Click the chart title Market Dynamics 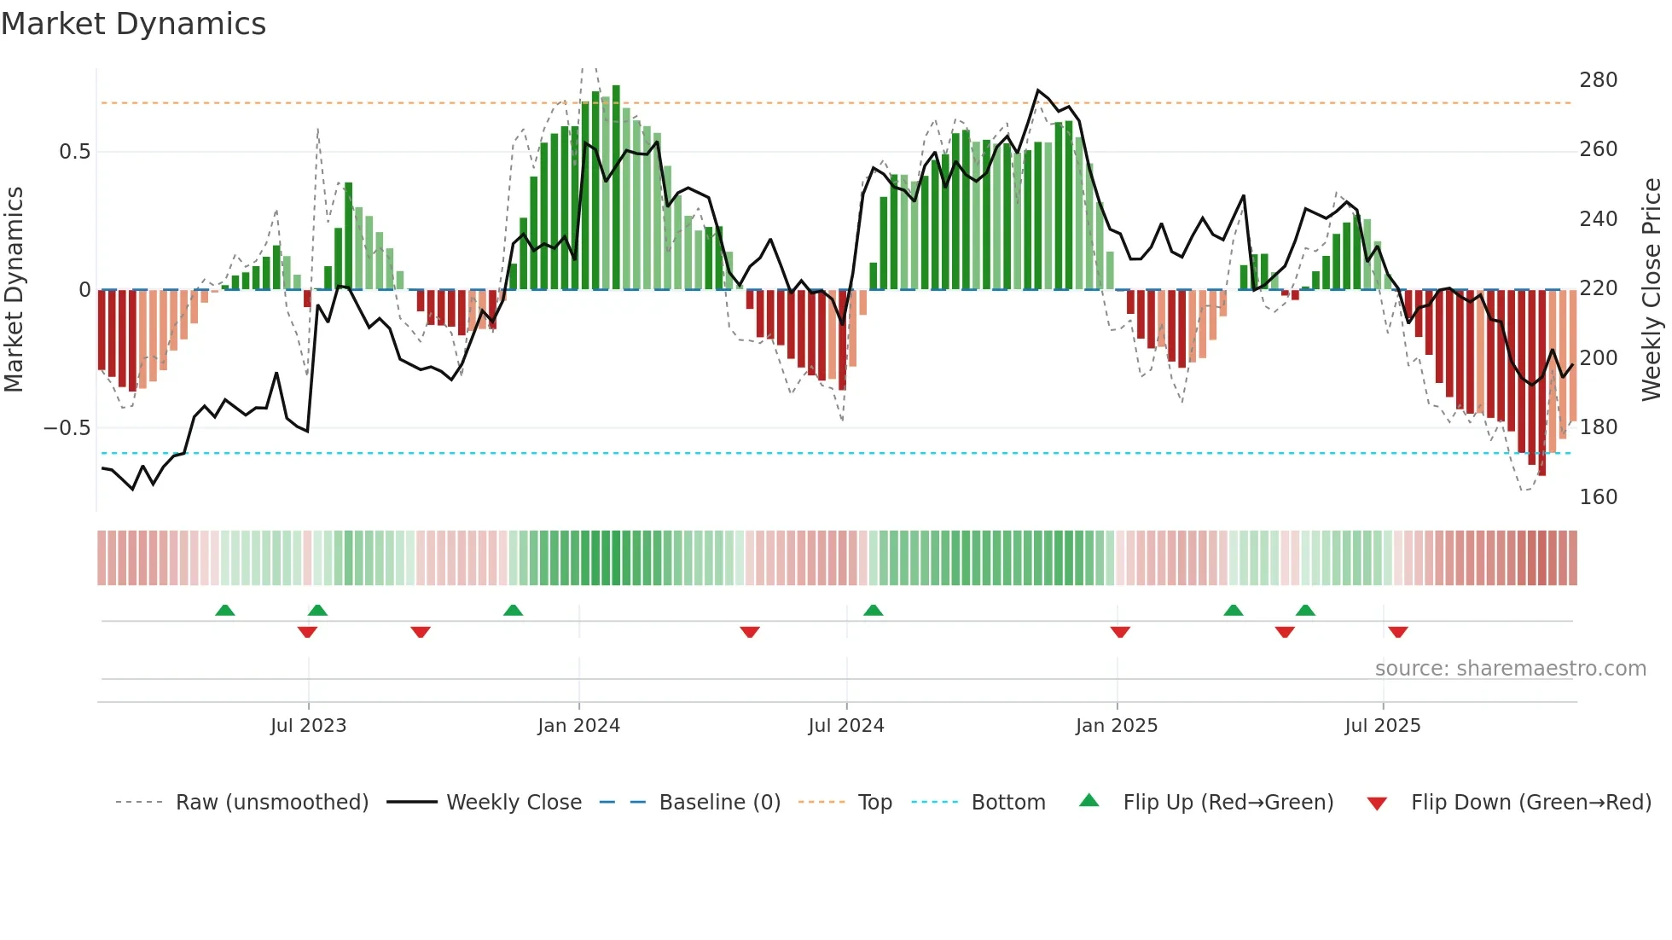tap(133, 24)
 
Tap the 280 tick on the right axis tap(1598, 80)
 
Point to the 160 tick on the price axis tap(1598, 497)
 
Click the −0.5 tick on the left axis tap(67, 428)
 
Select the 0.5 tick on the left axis tap(74, 152)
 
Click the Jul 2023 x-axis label tap(308, 726)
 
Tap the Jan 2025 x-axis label tap(1116, 726)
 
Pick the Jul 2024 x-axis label tap(845, 726)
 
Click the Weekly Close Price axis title tap(1652, 290)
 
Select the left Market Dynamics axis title tap(14, 290)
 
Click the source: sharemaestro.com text tap(1510, 669)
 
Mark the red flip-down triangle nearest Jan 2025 tap(1120, 632)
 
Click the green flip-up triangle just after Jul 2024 tap(873, 610)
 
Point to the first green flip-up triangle tap(224, 610)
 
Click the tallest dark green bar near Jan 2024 tap(616, 188)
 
